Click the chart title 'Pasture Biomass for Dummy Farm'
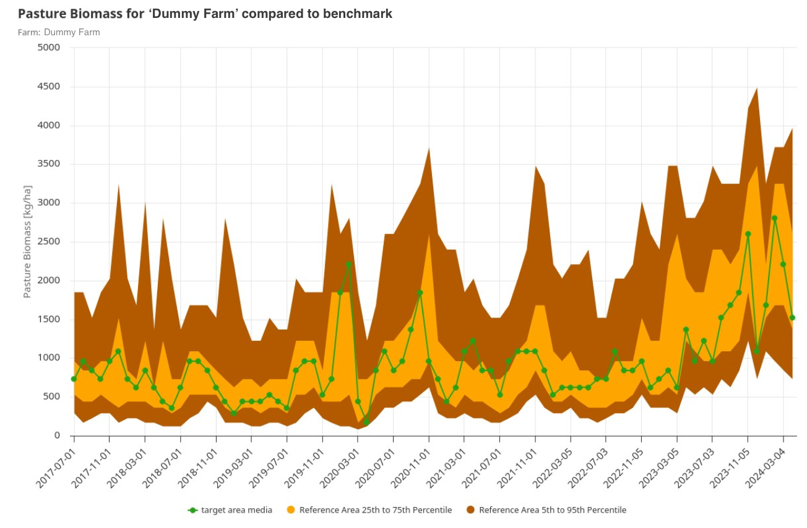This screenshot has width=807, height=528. pyautogui.click(x=204, y=14)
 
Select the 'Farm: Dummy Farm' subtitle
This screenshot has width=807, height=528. pyautogui.click(x=59, y=32)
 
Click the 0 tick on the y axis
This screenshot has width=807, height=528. pyautogui.click(x=57, y=435)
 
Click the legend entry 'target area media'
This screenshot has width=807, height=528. pyautogui.click(x=230, y=510)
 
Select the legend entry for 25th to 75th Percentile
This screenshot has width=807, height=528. pyautogui.click(x=369, y=510)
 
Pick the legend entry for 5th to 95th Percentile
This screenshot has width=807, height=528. pyautogui.click(x=546, y=510)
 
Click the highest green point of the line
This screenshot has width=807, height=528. pyautogui.click(x=774, y=218)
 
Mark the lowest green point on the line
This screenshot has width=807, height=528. pyautogui.click(x=366, y=422)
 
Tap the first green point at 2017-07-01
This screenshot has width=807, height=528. pyautogui.click(x=74, y=379)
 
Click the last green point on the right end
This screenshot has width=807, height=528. pyautogui.click(x=792, y=318)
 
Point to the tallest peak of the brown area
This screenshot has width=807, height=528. pyautogui.click(x=757, y=88)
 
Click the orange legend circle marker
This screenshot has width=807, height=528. pyautogui.click(x=291, y=510)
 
